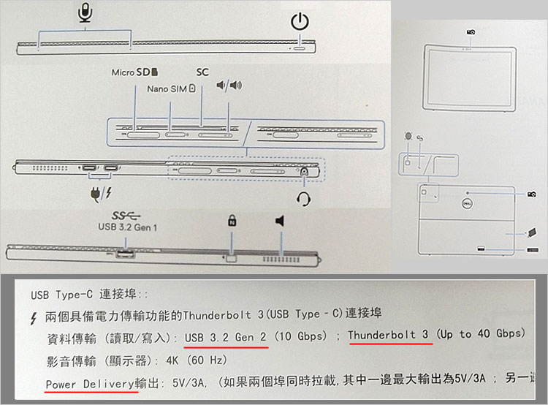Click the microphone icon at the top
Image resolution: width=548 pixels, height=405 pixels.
(x=85, y=12)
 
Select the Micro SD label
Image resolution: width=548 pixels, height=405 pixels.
(x=134, y=73)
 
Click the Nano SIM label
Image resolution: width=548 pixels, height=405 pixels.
(x=167, y=88)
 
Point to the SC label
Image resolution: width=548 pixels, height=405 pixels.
(x=202, y=73)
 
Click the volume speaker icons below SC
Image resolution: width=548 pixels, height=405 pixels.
(x=229, y=86)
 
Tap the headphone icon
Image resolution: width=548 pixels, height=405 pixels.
(x=304, y=197)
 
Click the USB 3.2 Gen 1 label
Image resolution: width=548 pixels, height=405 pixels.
(x=128, y=227)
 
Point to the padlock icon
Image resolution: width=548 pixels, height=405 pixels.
(x=232, y=220)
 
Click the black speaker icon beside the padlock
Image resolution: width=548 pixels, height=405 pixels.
(x=279, y=221)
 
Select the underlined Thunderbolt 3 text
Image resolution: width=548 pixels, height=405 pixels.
(x=388, y=334)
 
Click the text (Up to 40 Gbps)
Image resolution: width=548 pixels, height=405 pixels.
(x=480, y=334)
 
